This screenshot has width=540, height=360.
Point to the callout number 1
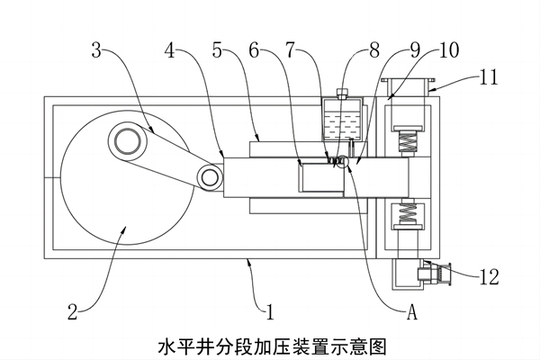tap(268, 313)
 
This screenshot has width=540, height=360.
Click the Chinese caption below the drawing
tap(271, 345)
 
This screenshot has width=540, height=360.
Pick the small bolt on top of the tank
tap(341, 92)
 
